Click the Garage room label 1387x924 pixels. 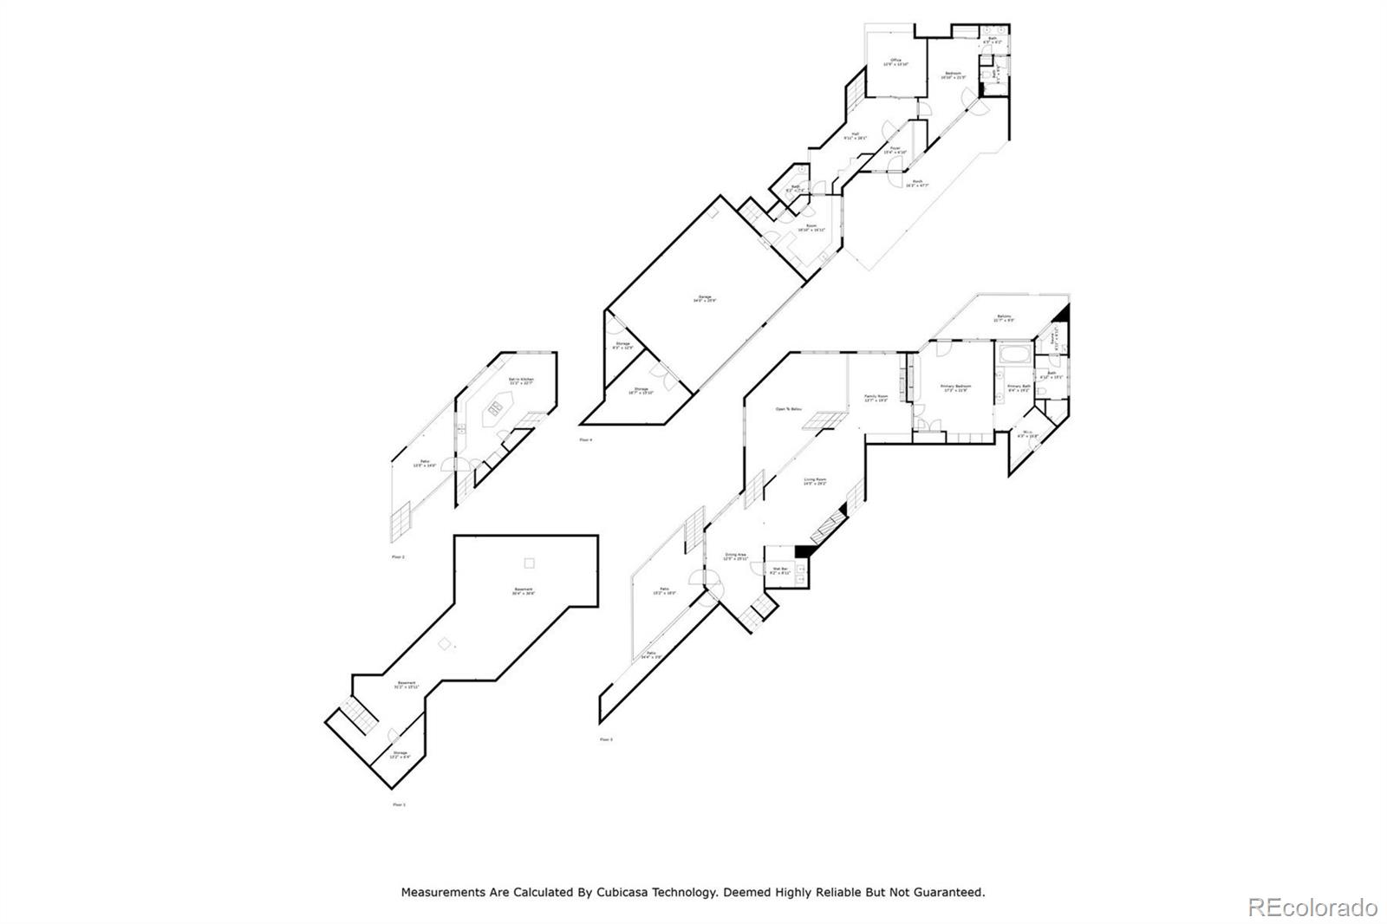(704, 298)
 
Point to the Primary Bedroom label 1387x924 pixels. (956, 387)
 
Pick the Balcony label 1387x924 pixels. (1004, 318)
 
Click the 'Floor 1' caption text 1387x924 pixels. (399, 804)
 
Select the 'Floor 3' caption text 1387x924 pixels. (606, 739)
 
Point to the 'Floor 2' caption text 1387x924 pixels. (398, 557)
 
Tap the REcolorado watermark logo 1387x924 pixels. (1312, 908)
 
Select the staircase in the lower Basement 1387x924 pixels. (358, 715)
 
